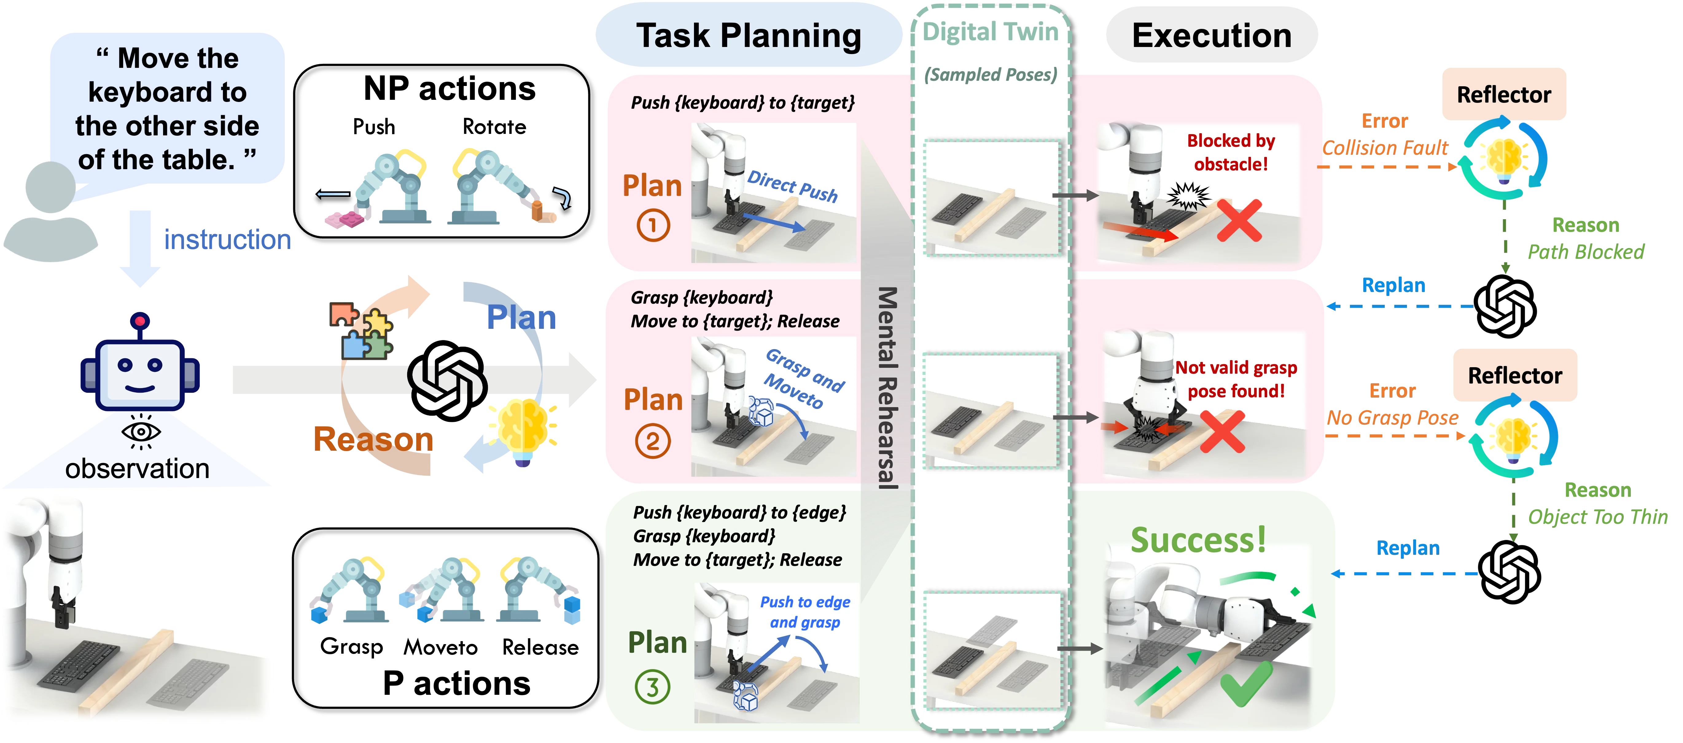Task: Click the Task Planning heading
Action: tap(749, 36)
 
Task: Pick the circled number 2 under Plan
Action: tap(653, 441)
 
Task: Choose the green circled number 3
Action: tap(652, 687)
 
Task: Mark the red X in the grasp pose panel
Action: tap(1222, 431)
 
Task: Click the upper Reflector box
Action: tap(1503, 94)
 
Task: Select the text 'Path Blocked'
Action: tap(1586, 251)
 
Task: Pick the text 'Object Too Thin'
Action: tap(1597, 517)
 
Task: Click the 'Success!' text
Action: tap(1198, 540)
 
